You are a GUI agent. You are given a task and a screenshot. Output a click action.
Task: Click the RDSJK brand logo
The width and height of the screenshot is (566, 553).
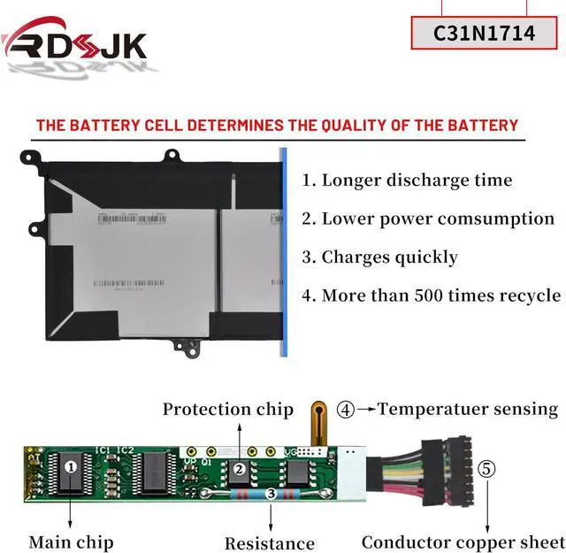click(x=74, y=43)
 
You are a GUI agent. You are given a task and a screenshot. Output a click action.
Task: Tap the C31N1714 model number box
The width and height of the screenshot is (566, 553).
click(x=485, y=34)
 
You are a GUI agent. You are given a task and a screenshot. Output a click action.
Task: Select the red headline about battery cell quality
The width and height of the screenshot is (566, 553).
click(x=277, y=125)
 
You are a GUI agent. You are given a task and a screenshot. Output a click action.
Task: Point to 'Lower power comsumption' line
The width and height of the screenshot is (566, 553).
click(x=428, y=219)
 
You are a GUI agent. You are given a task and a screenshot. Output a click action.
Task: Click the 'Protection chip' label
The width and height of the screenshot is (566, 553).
click(x=227, y=410)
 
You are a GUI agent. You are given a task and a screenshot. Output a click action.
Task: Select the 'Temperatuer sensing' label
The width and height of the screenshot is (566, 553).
click(x=468, y=409)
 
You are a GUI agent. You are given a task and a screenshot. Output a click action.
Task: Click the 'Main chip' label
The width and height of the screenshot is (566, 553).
click(x=71, y=541)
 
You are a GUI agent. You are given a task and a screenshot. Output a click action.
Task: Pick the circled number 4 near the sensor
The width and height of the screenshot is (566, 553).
click(x=346, y=410)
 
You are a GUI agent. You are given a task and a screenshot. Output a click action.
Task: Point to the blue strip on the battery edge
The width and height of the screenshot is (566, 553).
click(x=284, y=252)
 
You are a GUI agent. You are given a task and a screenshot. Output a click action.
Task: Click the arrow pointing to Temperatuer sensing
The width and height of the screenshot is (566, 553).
click(x=366, y=410)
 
